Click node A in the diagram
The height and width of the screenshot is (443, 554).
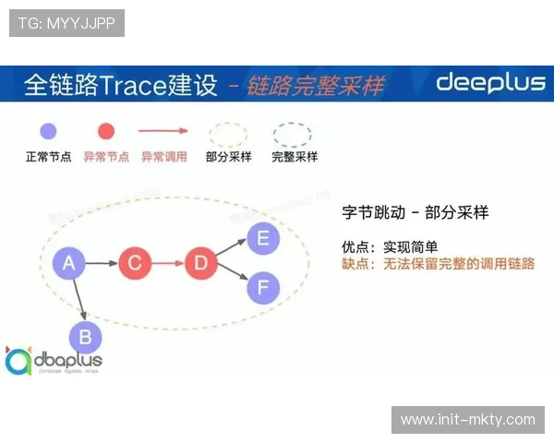click(67, 264)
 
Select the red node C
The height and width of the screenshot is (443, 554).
click(134, 264)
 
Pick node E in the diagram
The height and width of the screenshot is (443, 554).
click(263, 239)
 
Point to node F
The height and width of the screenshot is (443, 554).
click(263, 288)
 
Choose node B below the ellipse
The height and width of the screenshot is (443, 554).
click(85, 337)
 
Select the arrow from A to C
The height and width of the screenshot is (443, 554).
click(101, 264)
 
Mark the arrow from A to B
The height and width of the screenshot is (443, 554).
click(77, 300)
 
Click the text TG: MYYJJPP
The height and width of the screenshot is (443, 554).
click(66, 23)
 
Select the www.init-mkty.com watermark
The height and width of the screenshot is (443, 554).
click(468, 419)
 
